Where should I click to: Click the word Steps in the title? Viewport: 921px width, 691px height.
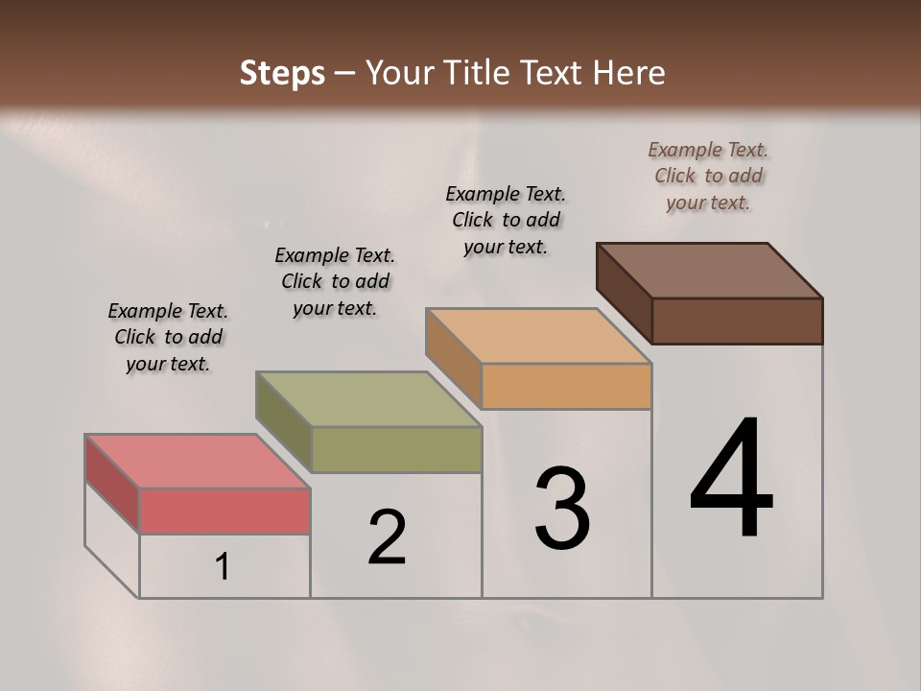[x=282, y=73]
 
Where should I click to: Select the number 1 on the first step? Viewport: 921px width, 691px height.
[x=223, y=567]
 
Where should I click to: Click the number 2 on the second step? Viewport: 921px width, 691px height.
[x=388, y=537]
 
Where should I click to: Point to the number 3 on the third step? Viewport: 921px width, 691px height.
[x=562, y=509]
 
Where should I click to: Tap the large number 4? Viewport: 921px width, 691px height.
[x=731, y=480]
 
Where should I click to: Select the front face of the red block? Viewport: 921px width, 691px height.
[x=224, y=511]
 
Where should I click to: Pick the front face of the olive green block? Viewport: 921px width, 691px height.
[x=395, y=449]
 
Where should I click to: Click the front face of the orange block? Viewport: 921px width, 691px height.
[x=566, y=386]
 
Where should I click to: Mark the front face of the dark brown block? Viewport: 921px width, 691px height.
[x=737, y=321]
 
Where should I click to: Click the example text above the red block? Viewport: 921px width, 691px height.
[x=168, y=337]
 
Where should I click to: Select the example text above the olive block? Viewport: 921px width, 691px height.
[x=335, y=281]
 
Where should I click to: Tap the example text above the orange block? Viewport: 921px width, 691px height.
[x=506, y=220]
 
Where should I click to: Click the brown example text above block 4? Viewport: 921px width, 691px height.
[x=708, y=176]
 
